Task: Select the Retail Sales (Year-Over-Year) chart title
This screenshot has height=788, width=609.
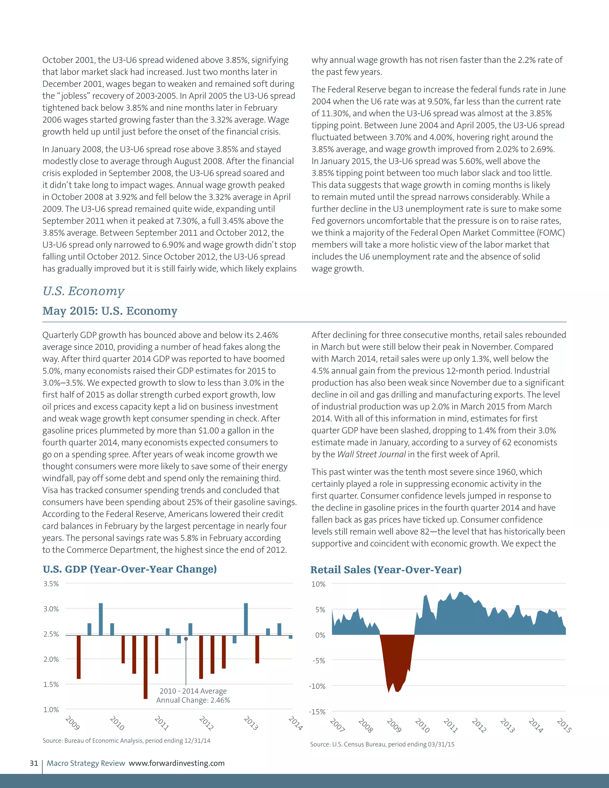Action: tap(386, 570)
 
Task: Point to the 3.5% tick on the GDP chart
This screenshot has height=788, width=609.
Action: tap(51, 584)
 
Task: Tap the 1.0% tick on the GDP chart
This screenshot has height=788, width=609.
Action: tap(51, 709)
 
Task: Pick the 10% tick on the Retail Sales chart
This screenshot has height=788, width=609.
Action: tap(318, 584)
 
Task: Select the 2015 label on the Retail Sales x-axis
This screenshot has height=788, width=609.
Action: tap(564, 726)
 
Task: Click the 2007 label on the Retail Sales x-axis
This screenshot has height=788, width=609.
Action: tap(337, 725)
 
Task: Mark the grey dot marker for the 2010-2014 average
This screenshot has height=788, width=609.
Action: tap(186, 639)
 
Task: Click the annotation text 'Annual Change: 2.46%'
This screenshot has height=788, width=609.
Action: tap(193, 700)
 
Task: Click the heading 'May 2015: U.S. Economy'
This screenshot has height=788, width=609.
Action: tap(110, 311)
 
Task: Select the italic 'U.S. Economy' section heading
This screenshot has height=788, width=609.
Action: tap(83, 291)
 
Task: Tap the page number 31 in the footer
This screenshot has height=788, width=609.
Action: tap(34, 763)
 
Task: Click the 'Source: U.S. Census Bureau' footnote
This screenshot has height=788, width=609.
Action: tap(382, 744)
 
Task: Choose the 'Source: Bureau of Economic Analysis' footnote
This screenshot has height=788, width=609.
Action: tap(126, 740)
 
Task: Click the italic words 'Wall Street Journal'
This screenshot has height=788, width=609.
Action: tap(371, 454)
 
